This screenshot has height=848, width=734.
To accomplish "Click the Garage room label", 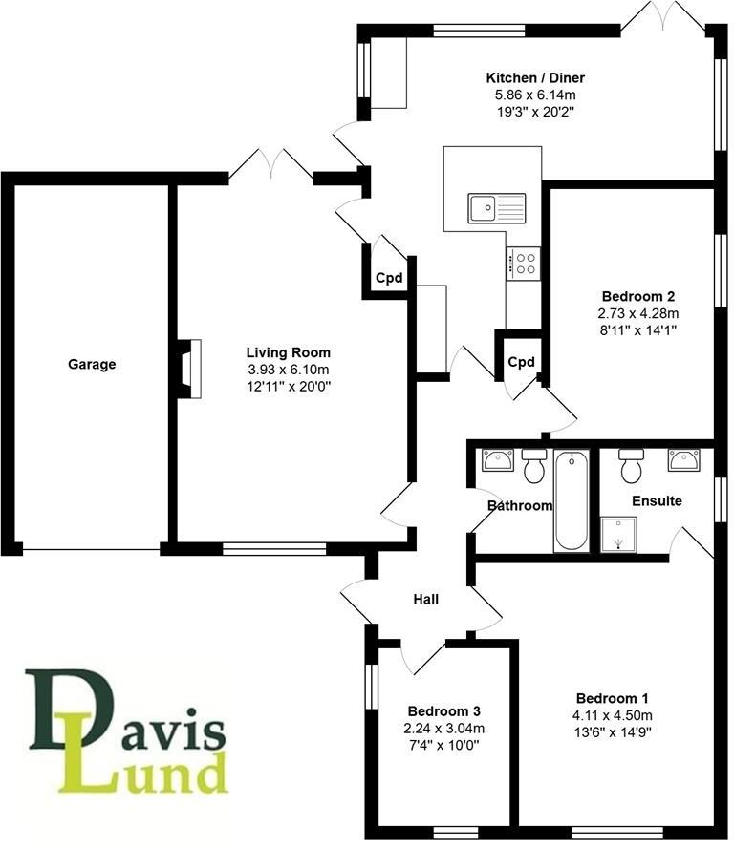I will pos(92,364).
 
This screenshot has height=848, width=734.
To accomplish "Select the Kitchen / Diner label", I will pos(535,78).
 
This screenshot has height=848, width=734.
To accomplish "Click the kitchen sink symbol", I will pos(496,205).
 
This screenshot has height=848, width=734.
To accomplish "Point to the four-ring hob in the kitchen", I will pos(523,262).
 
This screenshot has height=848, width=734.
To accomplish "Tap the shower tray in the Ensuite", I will pos(617,533).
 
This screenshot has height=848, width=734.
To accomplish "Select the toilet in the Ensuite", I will pos(630,465).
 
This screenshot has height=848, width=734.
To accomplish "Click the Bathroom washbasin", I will pos(499,460).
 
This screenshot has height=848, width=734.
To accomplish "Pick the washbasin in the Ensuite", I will pos(685,460).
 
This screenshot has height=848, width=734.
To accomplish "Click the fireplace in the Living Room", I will pos(188,368).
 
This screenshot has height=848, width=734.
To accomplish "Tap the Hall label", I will pos(426,600).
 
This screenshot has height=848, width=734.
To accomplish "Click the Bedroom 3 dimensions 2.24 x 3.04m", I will pos(443,729).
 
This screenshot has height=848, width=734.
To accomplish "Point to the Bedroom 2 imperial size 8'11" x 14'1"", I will pos(638,329).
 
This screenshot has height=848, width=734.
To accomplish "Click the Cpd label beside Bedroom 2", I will pos(521,363).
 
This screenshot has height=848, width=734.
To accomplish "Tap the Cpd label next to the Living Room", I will pos(388,279).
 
